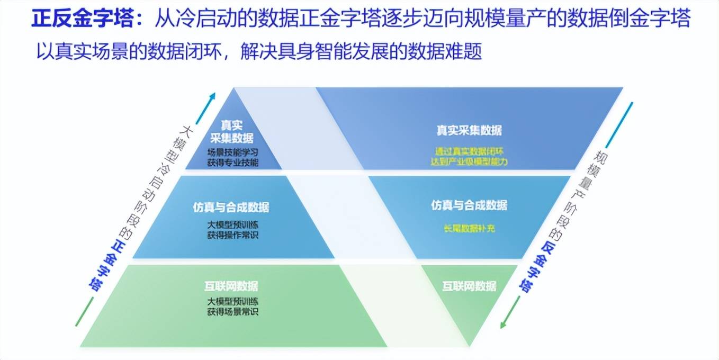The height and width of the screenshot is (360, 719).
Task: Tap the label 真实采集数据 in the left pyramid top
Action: click(232, 132)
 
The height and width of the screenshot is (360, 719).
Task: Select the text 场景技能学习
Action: click(232, 152)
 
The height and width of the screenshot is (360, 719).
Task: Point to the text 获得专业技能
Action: click(232, 163)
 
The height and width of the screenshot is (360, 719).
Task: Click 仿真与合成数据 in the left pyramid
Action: click(231, 207)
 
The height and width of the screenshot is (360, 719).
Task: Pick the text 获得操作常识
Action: click(232, 235)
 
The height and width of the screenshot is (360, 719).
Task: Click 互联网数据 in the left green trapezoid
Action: click(232, 286)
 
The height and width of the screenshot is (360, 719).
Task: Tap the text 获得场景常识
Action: click(232, 312)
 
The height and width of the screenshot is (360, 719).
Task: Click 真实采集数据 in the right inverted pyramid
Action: click(469, 130)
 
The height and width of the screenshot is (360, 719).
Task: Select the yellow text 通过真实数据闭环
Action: click(469, 151)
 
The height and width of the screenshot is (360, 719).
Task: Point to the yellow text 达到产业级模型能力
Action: click(469, 161)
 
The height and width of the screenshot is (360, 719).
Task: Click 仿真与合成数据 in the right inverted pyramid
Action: click(469, 205)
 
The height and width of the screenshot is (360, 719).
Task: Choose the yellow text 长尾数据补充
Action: click(469, 229)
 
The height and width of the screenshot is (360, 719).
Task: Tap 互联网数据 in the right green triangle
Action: click(469, 286)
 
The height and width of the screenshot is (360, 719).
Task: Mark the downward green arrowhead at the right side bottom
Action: click(504, 323)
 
